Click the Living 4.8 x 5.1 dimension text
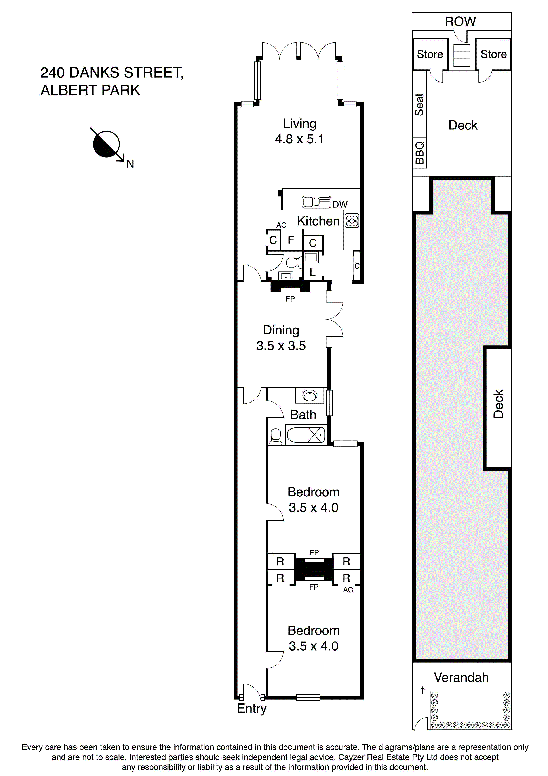point(299,139)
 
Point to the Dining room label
point(281,330)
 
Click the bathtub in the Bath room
point(306,435)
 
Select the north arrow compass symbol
point(107,144)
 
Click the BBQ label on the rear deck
point(419,153)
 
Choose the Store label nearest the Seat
point(430,54)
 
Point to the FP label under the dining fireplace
point(290,299)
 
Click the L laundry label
point(313,272)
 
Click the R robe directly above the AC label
point(346,578)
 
